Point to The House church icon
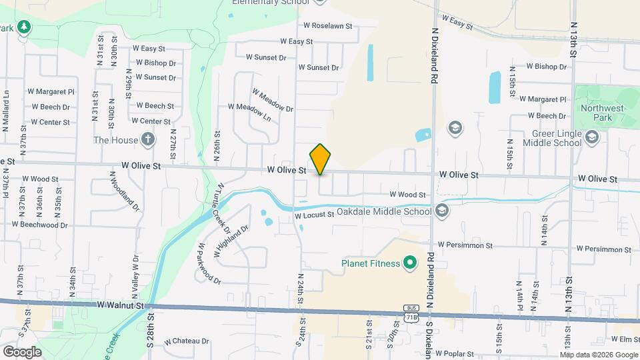point(147,140)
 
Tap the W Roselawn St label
point(327,26)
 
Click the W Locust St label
point(314,215)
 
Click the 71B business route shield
point(411,314)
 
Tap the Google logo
point(22,351)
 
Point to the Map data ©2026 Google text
point(598,354)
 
